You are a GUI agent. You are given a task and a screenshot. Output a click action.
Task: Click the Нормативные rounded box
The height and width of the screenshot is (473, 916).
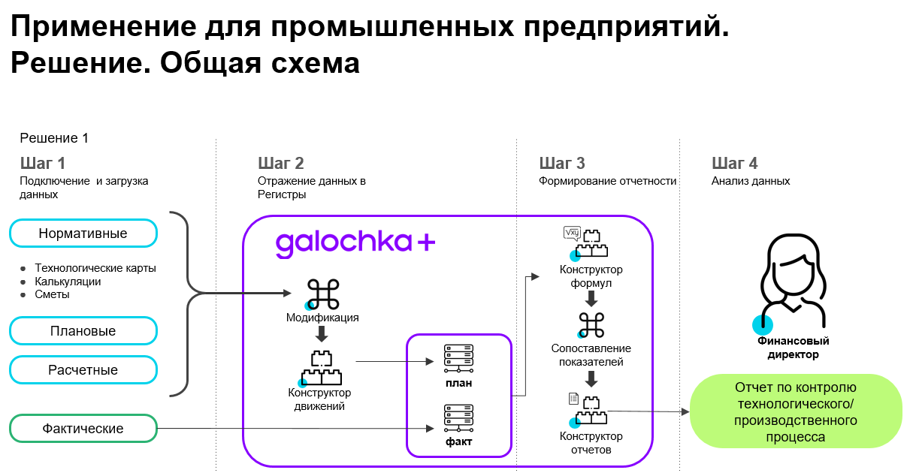tap(83, 233)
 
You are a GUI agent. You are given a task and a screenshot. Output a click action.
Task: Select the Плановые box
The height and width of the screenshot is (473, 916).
tap(83, 331)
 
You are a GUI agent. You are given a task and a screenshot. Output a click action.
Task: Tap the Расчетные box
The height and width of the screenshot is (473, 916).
tap(83, 370)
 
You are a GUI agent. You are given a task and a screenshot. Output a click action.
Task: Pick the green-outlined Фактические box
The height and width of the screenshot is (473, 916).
tap(83, 429)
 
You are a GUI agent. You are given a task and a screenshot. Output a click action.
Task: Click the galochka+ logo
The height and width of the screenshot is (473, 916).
tap(355, 244)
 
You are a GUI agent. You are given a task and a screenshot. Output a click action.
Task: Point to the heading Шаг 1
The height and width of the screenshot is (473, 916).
tap(43, 164)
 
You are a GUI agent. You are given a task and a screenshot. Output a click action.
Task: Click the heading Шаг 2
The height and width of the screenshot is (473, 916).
tap(281, 164)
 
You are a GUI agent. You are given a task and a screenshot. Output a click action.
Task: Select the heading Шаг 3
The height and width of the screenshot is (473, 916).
tap(562, 164)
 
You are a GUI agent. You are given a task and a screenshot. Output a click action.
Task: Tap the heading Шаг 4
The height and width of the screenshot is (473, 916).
tap(735, 164)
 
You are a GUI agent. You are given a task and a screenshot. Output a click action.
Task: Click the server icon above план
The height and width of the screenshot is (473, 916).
tap(459, 359)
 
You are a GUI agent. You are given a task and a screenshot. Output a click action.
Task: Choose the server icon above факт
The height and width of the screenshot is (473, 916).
tap(459, 418)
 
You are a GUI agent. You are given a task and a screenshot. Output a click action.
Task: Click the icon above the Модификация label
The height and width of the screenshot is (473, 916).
tap(322, 294)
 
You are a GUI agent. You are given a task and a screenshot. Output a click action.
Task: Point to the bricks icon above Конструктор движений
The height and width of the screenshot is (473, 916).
tap(321, 369)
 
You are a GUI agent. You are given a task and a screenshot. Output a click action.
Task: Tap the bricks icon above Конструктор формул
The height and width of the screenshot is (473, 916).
tap(587, 243)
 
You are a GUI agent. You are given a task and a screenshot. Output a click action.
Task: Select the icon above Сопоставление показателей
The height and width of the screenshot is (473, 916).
tap(591, 325)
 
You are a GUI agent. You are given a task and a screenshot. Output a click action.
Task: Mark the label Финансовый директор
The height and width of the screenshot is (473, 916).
tap(794, 348)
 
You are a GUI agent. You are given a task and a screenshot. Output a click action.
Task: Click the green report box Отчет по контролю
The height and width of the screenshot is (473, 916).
tap(796, 411)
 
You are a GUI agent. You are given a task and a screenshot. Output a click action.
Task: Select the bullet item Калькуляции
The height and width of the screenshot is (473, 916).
tap(68, 282)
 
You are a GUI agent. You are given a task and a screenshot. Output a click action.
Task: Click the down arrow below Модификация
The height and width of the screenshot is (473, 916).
tap(322, 333)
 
